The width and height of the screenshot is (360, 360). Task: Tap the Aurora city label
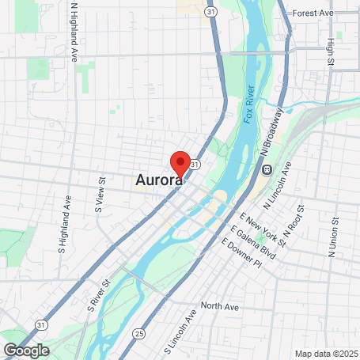158,180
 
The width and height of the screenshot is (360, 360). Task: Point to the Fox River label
249,103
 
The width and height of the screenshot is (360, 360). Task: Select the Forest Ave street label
313,13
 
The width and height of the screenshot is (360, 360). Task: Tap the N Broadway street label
271,131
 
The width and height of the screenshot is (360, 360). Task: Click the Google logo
26,350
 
